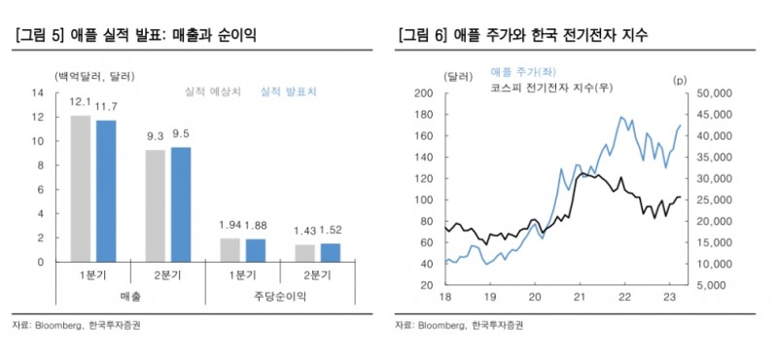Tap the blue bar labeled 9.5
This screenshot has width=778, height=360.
(x=181, y=204)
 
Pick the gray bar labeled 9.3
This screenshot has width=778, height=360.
(x=156, y=205)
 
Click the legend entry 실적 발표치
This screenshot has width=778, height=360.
(x=287, y=92)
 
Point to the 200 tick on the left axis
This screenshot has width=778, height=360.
(x=423, y=93)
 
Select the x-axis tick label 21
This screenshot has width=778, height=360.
(x=579, y=297)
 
